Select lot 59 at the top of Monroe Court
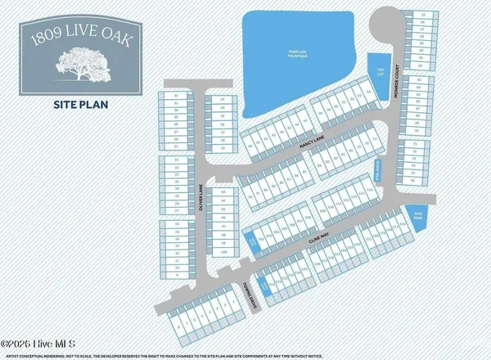click(x=422, y=16)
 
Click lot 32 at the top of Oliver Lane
click(x=175, y=96)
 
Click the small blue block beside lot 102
click(x=249, y=242)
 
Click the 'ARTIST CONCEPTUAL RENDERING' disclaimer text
click(x=123, y=354)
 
